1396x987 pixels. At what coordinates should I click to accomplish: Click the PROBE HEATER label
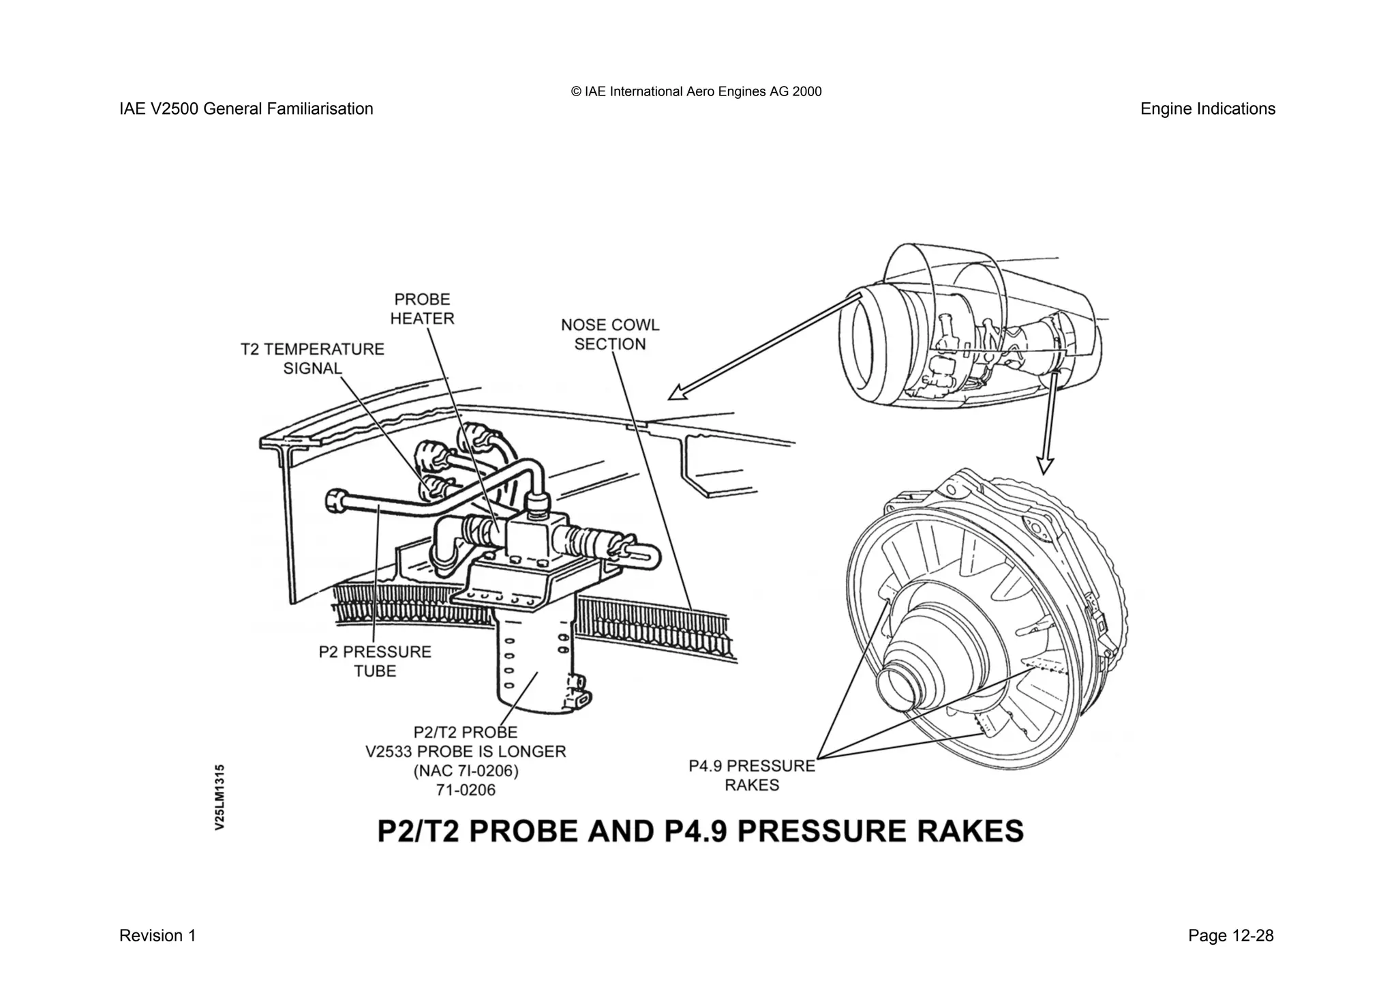click(x=422, y=309)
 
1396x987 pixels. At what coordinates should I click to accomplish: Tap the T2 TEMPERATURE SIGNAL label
click(x=312, y=359)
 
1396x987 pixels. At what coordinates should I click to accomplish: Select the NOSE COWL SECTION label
click(x=610, y=334)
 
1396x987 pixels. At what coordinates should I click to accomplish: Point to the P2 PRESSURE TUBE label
click(x=375, y=661)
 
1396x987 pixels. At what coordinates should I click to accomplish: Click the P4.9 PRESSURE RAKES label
click(x=751, y=776)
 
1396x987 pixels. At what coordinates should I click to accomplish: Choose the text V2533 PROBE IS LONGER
click(x=466, y=752)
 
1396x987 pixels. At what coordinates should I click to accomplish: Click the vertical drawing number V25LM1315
click(x=219, y=797)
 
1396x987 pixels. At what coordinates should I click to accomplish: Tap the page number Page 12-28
click(x=1230, y=936)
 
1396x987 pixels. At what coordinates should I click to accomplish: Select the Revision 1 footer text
click(x=157, y=936)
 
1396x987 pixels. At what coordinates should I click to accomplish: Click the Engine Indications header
click(x=1207, y=109)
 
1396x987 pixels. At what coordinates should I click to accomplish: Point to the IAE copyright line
click(x=696, y=91)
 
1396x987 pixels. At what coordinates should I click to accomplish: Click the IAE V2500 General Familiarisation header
click(x=246, y=109)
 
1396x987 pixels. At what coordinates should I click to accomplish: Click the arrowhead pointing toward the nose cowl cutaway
click(x=677, y=394)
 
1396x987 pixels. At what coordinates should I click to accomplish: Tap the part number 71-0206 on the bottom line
click(x=466, y=791)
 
